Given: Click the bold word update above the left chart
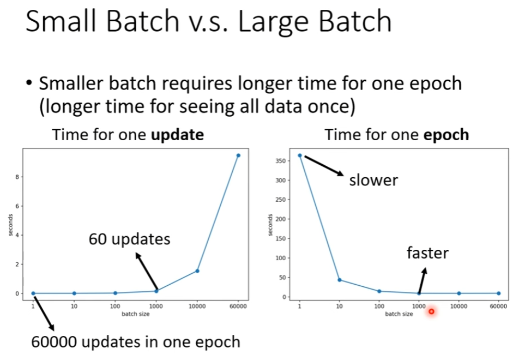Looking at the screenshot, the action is point(177,135).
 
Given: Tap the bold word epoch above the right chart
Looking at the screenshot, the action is point(446,135).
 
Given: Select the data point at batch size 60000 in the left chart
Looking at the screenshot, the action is point(238,155).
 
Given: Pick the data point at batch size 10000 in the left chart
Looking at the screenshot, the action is point(197,271).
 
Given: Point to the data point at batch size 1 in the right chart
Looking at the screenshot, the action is point(300,155).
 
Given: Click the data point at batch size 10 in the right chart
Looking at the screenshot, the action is point(340,280).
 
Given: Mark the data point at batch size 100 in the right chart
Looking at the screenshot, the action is point(379,291).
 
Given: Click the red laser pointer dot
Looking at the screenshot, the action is point(431,311).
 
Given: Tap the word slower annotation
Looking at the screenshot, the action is point(373,181).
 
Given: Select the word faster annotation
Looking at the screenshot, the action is point(427,253).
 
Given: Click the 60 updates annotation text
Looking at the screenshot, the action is point(129,239).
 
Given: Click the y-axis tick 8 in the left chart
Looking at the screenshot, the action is point(17,177).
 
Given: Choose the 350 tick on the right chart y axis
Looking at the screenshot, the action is point(281,161).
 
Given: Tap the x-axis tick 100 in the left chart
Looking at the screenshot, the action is point(115,307).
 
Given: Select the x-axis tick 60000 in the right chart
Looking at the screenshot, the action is point(498,307).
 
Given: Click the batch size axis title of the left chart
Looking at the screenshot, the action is point(136,314).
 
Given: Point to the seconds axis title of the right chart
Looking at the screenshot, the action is point(270,225).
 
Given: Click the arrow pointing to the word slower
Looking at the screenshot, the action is point(324,166).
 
